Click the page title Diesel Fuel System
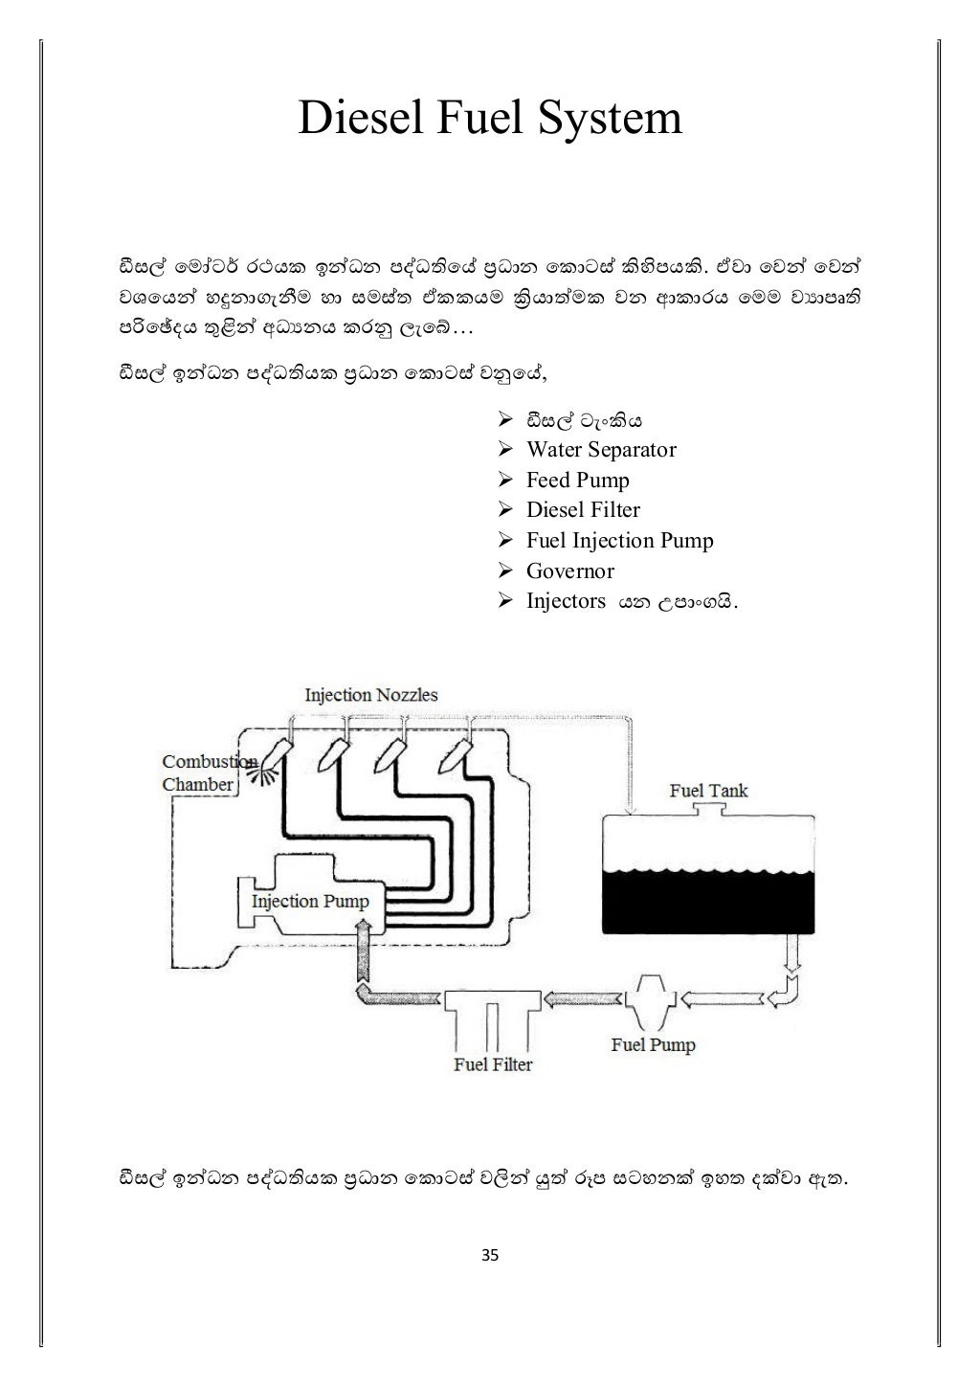[x=490, y=119]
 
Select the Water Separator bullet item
[x=600, y=450]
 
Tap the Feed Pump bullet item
[x=577, y=481]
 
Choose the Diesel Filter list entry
[x=583, y=510]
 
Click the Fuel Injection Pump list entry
[x=619, y=541]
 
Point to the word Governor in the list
[x=569, y=571]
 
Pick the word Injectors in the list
[x=566, y=601]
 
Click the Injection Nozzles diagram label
[x=370, y=695]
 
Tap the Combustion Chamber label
[x=199, y=773]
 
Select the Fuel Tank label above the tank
[x=707, y=791]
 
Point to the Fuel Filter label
[x=492, y=1064]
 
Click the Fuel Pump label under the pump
[x=653, y=1044]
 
